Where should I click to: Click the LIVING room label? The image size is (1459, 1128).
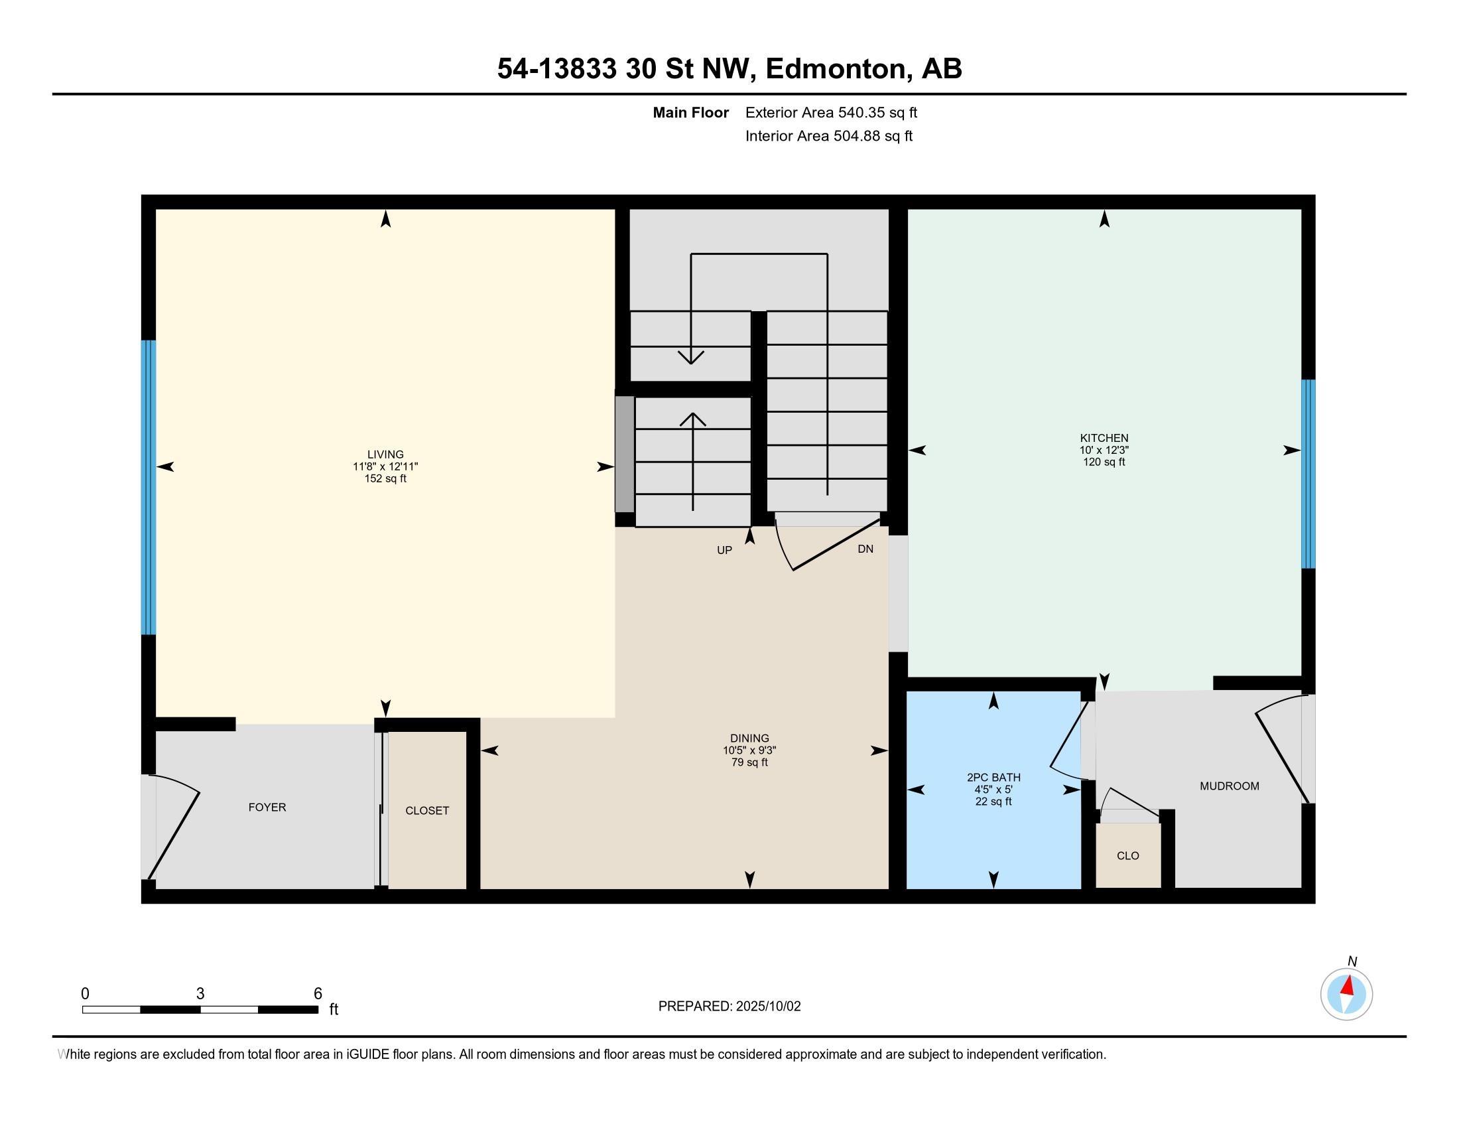(x=385, y=455)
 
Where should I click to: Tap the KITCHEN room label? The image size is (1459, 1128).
(x=1104, y=439)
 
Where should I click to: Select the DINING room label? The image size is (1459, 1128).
(x=749, y=739)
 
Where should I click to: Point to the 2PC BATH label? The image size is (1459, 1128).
(x=993, y=777)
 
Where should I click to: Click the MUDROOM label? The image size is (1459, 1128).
(x=1229, y=786)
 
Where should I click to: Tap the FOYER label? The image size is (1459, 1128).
(x=267, y=808)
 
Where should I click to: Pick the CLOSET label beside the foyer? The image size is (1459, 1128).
(x=427, y=811)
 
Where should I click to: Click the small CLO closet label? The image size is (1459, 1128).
(x=1127, y=855)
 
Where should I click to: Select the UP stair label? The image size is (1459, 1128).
(x=724, y=550)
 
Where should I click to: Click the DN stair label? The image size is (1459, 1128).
(x=865, y=549)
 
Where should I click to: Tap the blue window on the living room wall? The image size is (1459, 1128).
(x=149, y=487)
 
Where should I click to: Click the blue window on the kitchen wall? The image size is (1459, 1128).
(x=1308, y=474)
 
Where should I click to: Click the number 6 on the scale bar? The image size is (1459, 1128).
(x=318, y=993)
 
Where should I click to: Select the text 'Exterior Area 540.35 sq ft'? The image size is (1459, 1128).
(x=831, y=112)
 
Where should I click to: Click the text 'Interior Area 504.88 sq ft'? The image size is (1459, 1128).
(x=828, y=135)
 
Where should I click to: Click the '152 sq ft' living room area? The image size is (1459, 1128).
(x=385, y=478)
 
